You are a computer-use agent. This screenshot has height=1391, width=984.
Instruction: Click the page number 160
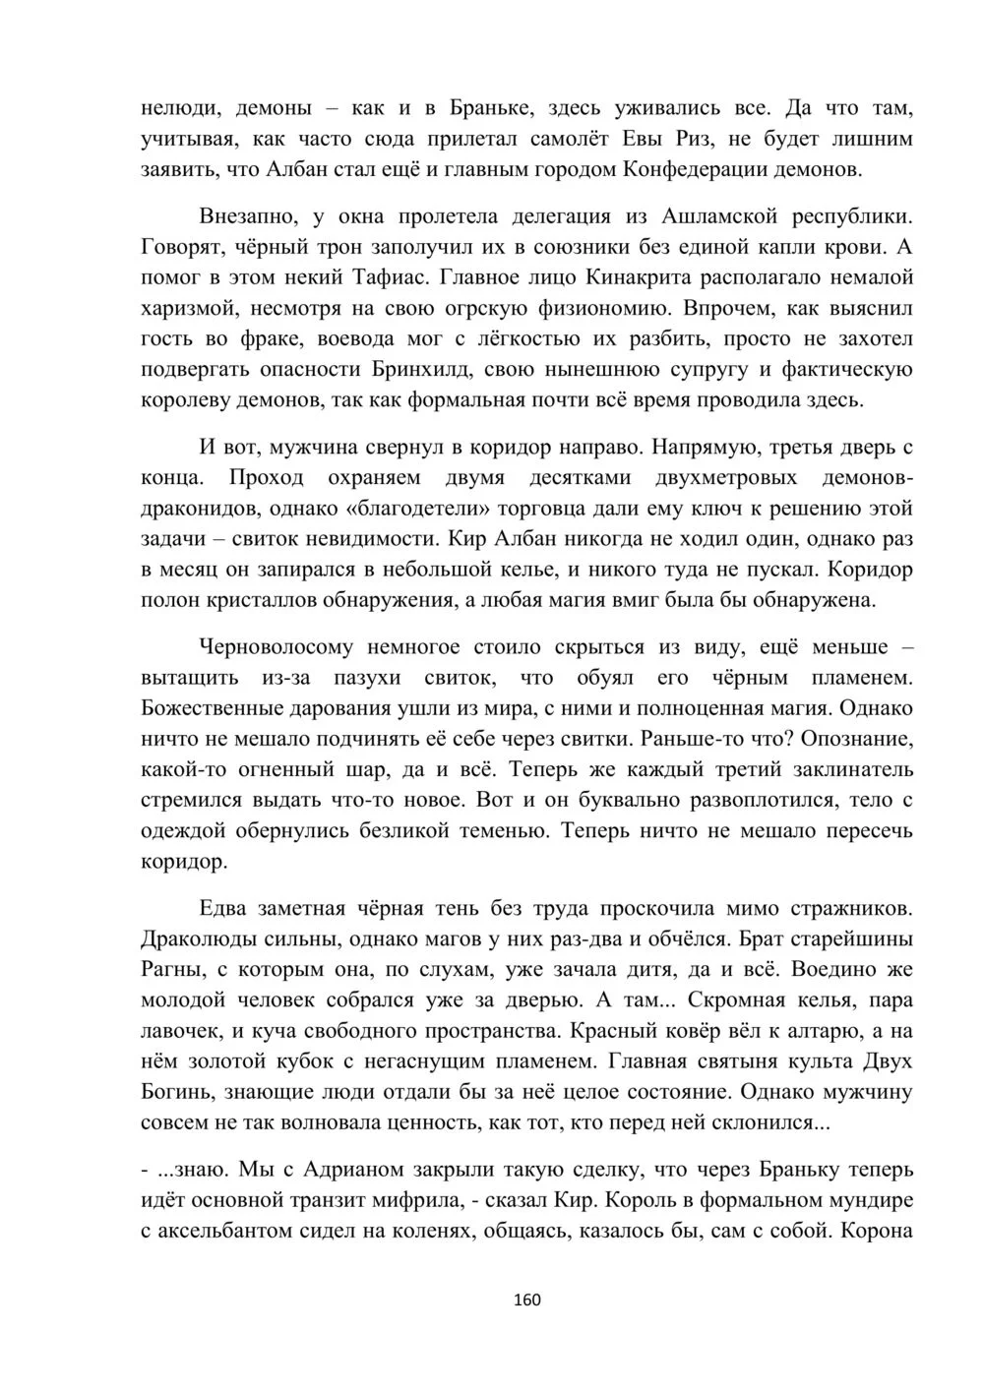point(527,1300)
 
